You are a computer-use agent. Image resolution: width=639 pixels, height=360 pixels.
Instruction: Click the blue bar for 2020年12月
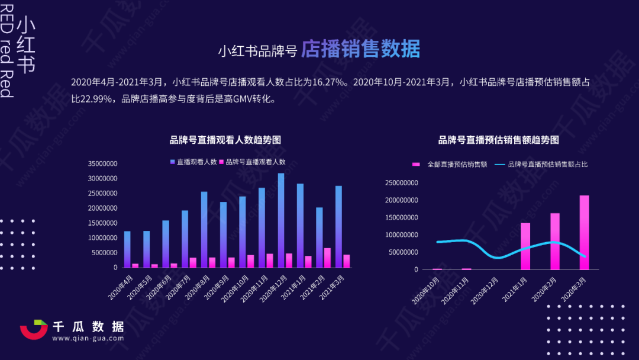tap(281, 220)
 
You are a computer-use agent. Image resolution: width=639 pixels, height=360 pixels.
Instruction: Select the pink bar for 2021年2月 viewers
tap(327, 258)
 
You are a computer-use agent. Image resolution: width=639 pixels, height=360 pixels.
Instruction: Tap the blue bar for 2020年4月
tap(127, 249)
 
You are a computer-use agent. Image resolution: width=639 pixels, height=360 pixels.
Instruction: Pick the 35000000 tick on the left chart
tap(102, 164)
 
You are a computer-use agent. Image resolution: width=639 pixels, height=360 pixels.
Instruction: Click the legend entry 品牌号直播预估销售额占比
tap(548, 164)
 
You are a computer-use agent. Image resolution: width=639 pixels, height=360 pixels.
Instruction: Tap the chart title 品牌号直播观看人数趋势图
tap(225, 140)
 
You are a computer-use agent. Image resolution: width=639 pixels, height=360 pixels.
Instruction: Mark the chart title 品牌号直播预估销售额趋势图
tap(498, 140)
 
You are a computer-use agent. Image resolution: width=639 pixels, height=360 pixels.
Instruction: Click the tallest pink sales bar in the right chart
tap(584, 232)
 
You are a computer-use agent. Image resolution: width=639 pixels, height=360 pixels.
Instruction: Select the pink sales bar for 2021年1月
tap(525, 246)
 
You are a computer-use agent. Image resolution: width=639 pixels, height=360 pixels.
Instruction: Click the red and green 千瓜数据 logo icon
tap(34, 330)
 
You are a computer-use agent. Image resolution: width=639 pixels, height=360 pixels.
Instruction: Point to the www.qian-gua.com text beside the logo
tap(89, 339)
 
